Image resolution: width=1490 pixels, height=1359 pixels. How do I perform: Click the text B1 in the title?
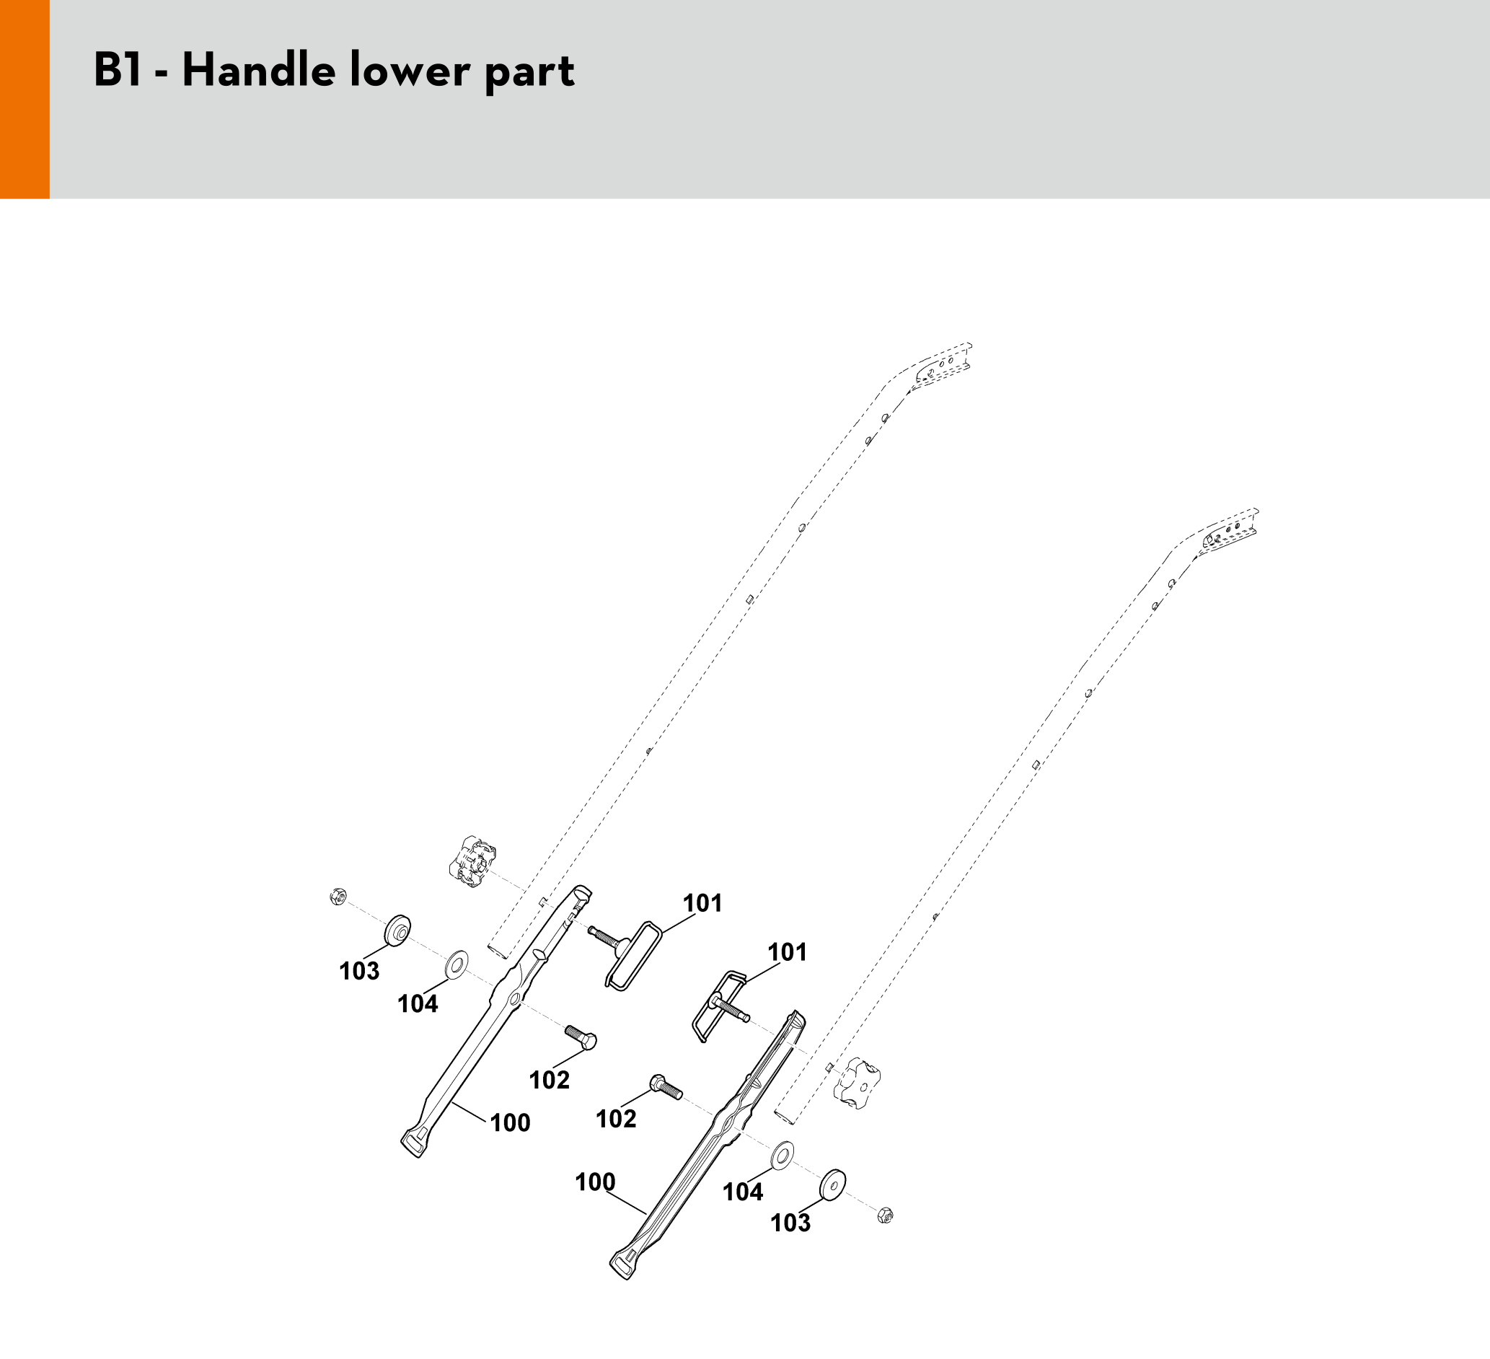point(118,71)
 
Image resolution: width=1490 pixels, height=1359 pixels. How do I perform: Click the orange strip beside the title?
point(25,99)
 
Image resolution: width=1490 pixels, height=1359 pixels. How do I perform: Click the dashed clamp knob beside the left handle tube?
point(472,861)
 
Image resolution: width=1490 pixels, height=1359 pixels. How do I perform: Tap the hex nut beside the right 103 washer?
point(886,1215)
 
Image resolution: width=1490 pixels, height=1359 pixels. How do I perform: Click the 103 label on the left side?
point(359,971)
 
